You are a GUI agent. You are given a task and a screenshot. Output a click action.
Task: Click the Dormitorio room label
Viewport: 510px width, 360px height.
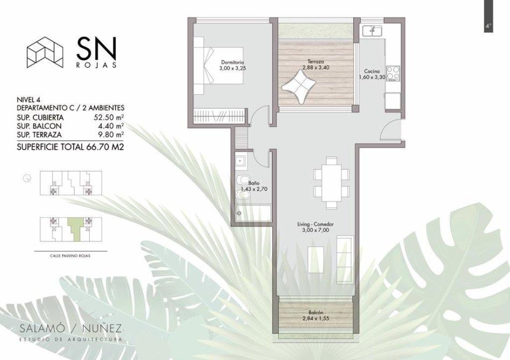pyautogui.click(x=232, y=62)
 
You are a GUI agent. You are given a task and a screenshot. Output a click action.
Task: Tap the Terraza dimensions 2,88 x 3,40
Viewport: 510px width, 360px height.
pyautogui.click(x=315, y=68)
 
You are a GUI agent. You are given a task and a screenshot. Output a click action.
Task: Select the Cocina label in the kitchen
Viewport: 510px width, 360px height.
pyautogui.click(x=372, y=71)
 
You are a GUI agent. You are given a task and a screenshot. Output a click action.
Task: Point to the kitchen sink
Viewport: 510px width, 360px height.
pyautogui.click(x=373, y=31)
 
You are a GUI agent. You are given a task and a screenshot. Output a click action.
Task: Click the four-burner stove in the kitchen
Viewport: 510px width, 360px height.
pyautogui.click(x=393, y=74)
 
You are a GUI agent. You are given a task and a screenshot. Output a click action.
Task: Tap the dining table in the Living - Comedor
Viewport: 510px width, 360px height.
pyautogui.click(x=332, y=183)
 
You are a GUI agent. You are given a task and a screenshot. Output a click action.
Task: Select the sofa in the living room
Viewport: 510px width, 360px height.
pyautogui.click(x=345, y=259)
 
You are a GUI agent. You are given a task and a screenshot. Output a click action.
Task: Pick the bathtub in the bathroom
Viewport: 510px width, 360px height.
pyautogui.click(x=253, y=213)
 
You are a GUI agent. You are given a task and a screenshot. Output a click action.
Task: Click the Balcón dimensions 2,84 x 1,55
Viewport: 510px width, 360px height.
pyautogui.click(x=315, y=318)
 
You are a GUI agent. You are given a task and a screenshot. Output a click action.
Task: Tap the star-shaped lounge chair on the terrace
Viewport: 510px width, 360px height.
pyautogui.click(x=299, y=88)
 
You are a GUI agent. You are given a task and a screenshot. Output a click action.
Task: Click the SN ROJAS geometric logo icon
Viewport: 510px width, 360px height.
pyautogui.click(x=45, y=52)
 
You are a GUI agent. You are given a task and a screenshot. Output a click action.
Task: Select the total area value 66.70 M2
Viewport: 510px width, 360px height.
pyautogui.click(x=105, y=147)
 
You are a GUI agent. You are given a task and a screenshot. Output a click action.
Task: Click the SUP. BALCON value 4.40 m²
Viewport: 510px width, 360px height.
pyautogui.click(x=109, y=126)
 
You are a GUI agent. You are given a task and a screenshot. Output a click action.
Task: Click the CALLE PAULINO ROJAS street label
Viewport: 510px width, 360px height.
pyautogui.click(x=70, y=256)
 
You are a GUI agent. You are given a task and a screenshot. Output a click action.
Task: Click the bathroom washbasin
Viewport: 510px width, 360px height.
pyautogui.click(x=241, y=161)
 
